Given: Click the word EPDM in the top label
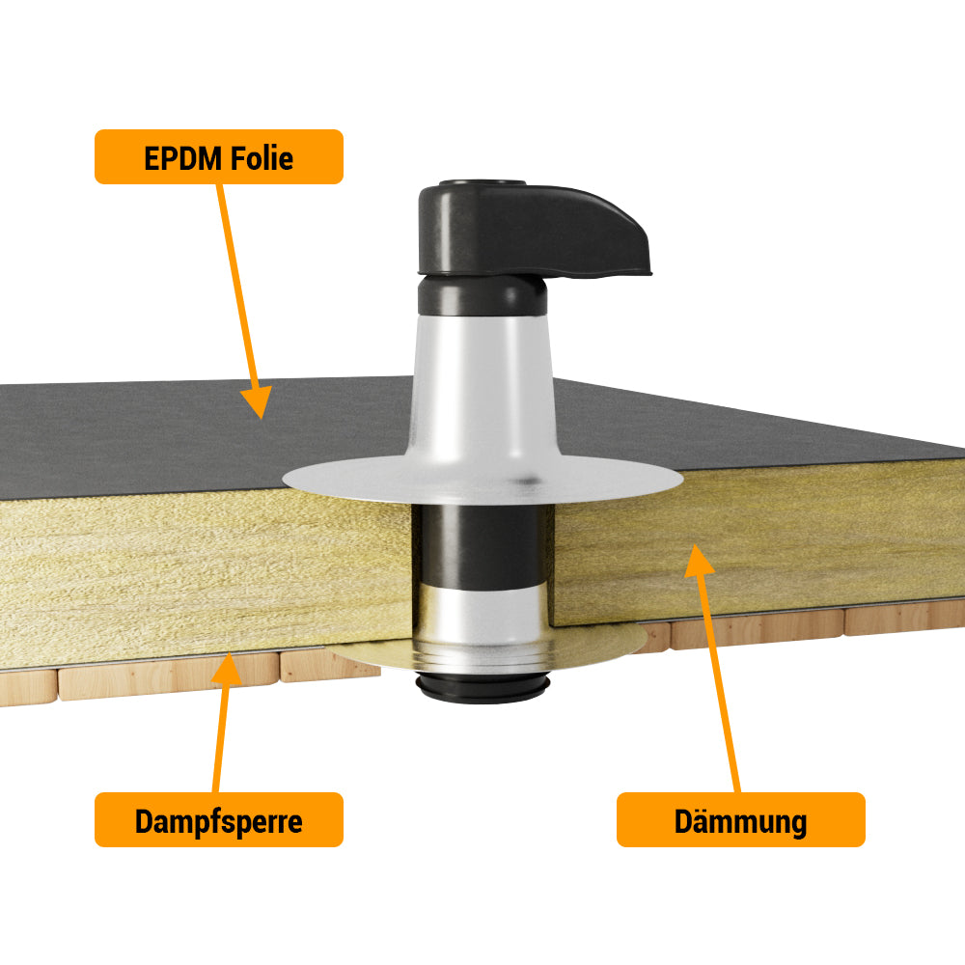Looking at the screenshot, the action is click(182, 158).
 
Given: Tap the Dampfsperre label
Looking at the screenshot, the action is click(218, 819).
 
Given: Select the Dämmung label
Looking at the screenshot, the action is click(741, 819).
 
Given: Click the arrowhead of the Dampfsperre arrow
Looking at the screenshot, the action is click(227, 669).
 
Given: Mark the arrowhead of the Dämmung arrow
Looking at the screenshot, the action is click(699, 560).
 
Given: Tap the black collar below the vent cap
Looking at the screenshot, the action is click(482, 295).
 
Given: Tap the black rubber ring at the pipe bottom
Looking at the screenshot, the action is click(482, 688).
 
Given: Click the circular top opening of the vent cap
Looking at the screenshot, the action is click(482, 183).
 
